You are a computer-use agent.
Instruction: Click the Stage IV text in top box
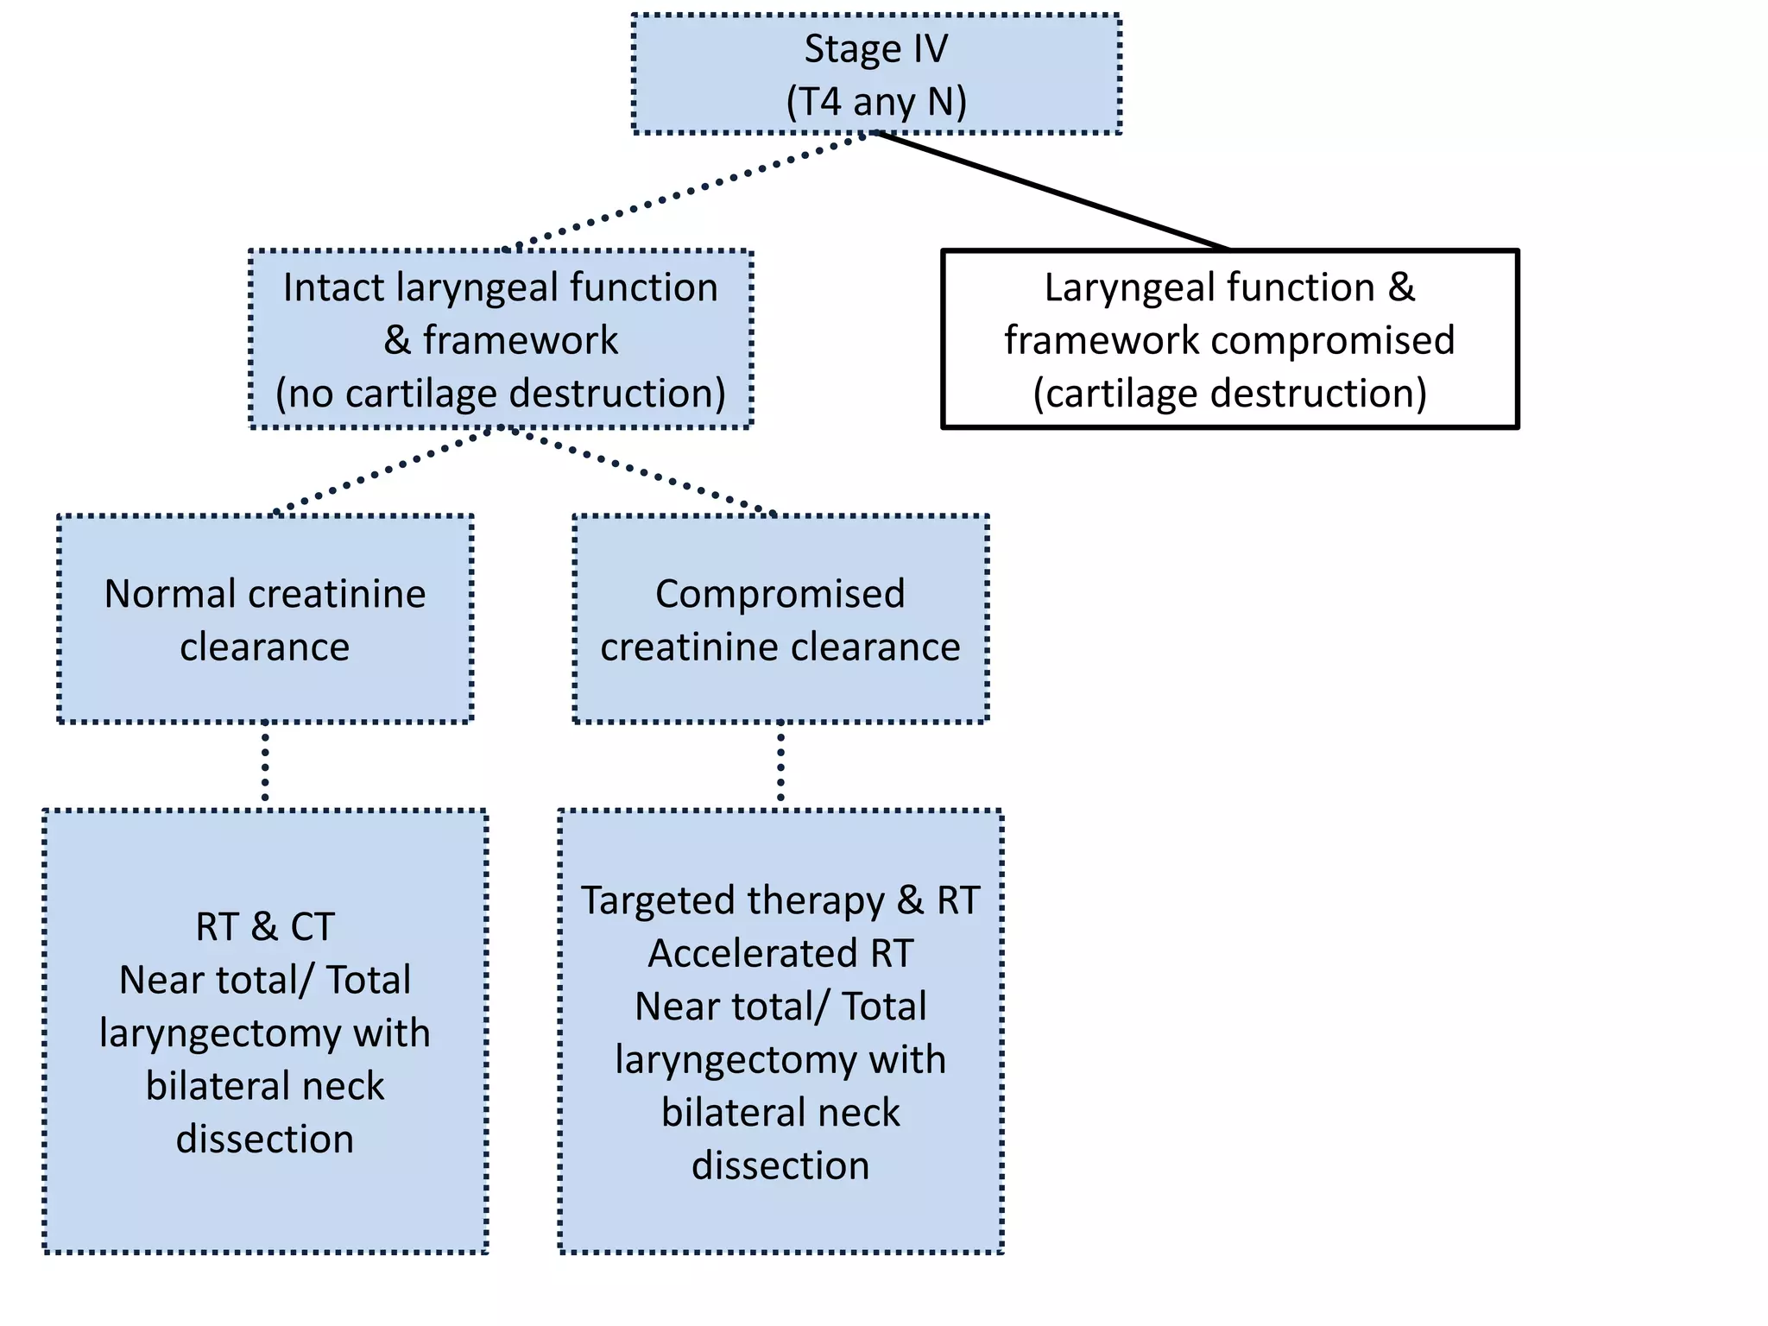click(x=875, y=49)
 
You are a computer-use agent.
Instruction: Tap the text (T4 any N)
click(x=875, y=102)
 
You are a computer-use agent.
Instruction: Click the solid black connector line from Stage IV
click(x=1053, y=192)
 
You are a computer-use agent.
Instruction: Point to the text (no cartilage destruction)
click(x=501, y=394)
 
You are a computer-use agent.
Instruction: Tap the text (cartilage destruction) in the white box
click(x=1229, y=394)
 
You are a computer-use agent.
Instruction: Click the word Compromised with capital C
click(x=780, y=594)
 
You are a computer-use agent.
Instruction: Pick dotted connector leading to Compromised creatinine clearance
click(x=643, y=470)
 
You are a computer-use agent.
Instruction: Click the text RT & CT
click(x=264, y=927)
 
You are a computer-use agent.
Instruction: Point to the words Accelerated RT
click(x=780, y=954)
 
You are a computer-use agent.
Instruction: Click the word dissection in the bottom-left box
click(x=264, y=1140)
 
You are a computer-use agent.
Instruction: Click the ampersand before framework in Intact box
click(x=396, y=340)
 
